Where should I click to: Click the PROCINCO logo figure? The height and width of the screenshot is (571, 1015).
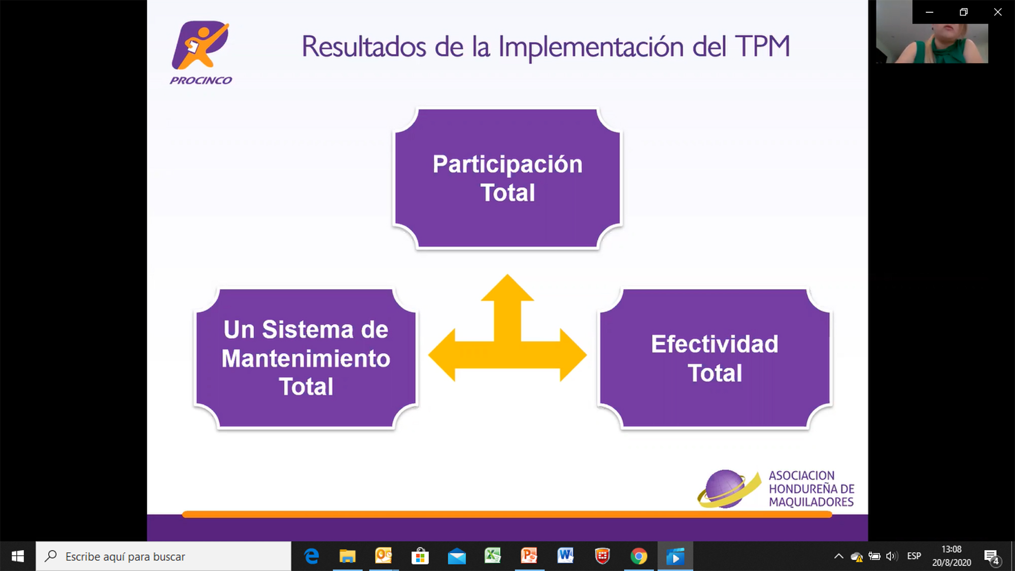(x=200, y=45)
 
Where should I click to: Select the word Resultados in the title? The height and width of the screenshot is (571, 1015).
(x=364, y=46)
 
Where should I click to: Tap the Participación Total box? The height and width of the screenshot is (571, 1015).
(x=507, y=178)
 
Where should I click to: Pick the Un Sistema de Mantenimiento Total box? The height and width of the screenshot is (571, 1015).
(x=306, y=358)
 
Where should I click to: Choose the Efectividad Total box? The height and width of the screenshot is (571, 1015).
(x=715, y=358)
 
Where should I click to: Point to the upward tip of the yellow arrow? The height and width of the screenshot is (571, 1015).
(x=507, y=275)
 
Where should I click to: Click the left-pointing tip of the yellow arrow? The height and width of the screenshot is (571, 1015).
(x=429, y=355)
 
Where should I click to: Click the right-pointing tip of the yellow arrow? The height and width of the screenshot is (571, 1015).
(x=586, y=355)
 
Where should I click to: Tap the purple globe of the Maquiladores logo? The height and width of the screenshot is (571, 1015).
(x=725, y=488)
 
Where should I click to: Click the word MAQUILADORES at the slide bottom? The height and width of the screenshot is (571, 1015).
(x=811, y=502)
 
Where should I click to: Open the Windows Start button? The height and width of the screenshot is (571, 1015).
(x=18, y=556)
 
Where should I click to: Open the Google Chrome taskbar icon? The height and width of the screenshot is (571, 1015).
(x=639, y=556)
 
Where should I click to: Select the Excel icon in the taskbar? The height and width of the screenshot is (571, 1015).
(x=492, y=556)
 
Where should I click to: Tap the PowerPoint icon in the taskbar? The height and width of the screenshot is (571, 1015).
(x=529, y=556)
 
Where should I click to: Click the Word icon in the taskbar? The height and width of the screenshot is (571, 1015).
(x=565, y=556)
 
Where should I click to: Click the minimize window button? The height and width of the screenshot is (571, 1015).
(x=929, y=12)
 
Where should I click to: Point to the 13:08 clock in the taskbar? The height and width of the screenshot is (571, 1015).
(x=952, y=549)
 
